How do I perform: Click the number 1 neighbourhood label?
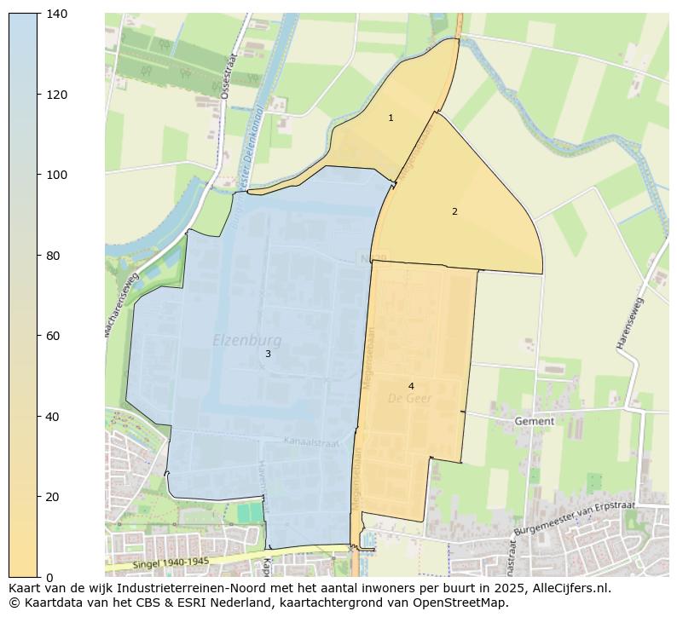pyautogui.click(x=391, y=118)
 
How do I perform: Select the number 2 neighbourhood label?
pyautogui.click(x=454, y=211)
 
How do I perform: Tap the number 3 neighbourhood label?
pyautogui.click(x=268, y=354)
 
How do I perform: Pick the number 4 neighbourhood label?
pyautogui.click(x=411, y=386)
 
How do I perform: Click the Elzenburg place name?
pyautogui.click(x=246, y=341)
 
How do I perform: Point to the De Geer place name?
pyautogui.click(x=410, y=399)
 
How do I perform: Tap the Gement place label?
pyautogui.click(x=535, y=421)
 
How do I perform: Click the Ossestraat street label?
pyautogui.click(x=227, y=78)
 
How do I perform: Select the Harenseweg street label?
pyautogui.click(x=631, y=323)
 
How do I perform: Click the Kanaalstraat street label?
pyautogui.click(x=311, y=443)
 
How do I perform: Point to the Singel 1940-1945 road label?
pyautogui.click(x=171, y=563)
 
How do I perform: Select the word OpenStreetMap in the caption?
pyautogui.click(x=466, y=603)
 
